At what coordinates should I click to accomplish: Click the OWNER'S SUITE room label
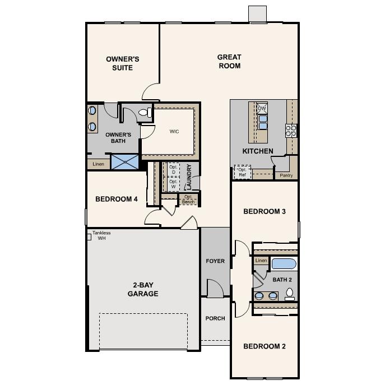(122, 63)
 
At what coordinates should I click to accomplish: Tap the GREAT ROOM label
(229, 61)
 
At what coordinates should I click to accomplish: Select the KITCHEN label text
(258, 151)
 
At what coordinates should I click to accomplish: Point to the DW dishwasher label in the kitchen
(262, 109)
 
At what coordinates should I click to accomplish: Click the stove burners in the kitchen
(291, 131)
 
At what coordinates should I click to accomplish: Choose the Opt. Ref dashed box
(242, 173)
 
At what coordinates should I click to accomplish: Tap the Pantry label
(286, 175)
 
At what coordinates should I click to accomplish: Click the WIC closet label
(174, 132)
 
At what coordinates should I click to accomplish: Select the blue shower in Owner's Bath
(124, 162)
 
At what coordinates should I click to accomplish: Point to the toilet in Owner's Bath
(144, 113)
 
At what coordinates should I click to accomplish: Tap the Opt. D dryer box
(173, 169)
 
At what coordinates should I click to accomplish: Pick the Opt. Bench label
(188, 199)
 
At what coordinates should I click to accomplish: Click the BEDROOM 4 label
(117, 199)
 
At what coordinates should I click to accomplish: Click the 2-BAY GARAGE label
(142, 289)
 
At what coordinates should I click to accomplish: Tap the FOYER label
(215, 261)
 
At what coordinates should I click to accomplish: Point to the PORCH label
(215, 318)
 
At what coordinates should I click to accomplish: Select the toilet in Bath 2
(290, 293)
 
